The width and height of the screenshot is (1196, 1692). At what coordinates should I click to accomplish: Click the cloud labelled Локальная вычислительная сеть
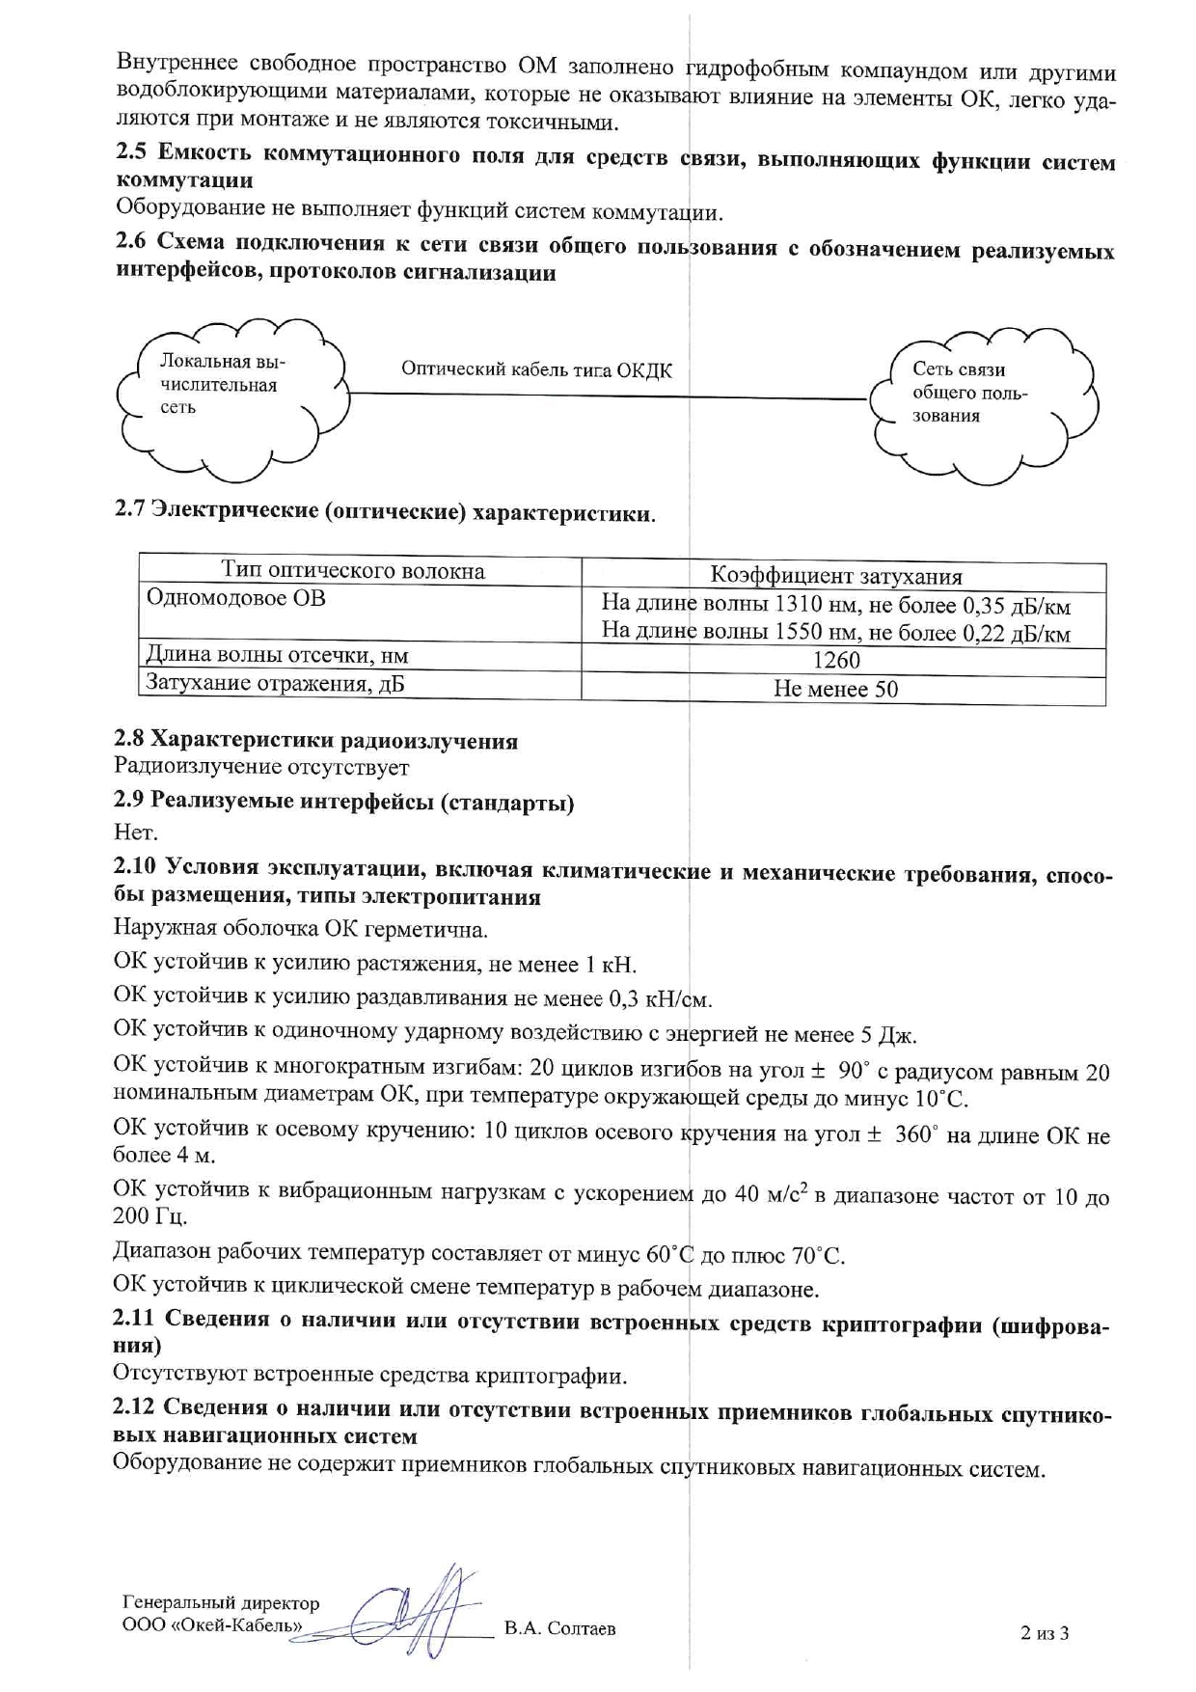(231, 396)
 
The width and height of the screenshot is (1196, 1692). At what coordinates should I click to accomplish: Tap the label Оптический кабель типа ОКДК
(536, 369)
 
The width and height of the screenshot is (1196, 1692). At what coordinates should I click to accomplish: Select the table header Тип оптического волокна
(353, 570)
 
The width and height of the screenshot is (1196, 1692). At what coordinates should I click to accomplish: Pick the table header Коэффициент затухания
(836, 577)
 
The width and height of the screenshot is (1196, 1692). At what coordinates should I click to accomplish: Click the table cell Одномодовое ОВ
(236, 598)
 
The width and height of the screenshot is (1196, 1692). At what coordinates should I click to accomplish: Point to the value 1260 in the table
(836, 661)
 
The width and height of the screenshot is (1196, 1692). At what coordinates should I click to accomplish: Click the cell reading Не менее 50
(835, 689)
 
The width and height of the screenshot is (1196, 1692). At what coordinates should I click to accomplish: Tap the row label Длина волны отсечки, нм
(277, 656)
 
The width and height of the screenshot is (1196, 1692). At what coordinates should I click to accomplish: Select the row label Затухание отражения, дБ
(275, 684)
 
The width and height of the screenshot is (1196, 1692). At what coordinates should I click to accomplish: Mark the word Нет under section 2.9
(135, 831)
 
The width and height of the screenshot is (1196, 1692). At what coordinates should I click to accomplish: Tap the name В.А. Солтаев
(560, 1628)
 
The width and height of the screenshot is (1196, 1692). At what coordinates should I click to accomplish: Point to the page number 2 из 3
(1045, 1633)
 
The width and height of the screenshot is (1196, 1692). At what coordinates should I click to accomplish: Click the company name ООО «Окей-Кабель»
(212, 1625)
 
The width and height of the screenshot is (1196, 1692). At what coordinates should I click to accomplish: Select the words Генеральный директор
(221, 1603)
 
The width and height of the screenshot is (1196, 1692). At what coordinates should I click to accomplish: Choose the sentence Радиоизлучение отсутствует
(261, 768)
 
